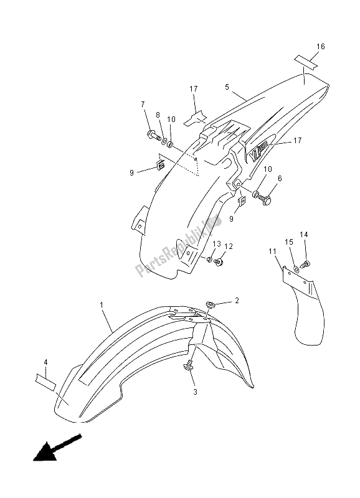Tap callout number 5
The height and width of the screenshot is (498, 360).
pyautogui.click(x=228, y=88)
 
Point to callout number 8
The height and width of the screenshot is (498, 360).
pyautogui.click(x=158, y=115)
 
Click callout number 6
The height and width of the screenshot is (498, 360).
pyautogui.click(x=279, y=178)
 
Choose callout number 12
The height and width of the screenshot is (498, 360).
pyautogui.click(x=229, y=247)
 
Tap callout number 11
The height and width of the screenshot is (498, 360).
pyautogui.click(x=272, y=251)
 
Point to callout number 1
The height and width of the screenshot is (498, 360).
pyautogui.click(x=102, y=305)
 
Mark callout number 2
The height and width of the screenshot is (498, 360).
pyautogui.click(x=236, y=301)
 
